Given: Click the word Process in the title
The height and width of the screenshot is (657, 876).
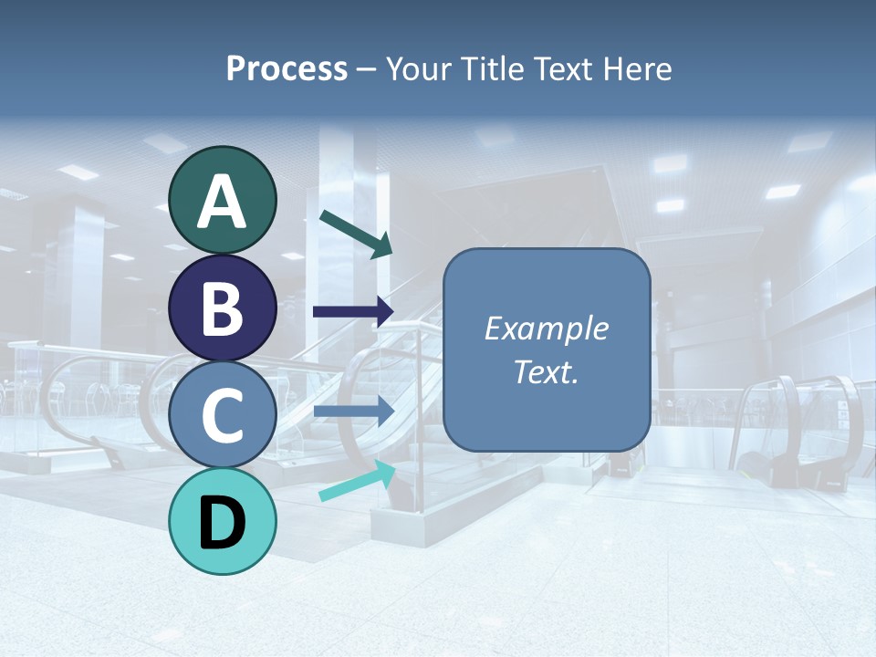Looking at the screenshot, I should (x=287, y=69).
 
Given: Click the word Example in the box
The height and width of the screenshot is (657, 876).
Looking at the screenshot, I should (x=546, y=328).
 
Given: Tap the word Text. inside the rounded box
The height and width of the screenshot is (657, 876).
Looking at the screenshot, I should (x=546, y=371).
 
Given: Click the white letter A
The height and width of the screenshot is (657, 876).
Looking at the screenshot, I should (x=223, y=203).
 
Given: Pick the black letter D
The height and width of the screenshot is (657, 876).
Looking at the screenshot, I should (x=223, y=523).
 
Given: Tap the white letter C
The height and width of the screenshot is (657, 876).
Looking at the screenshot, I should (x=223, y=415).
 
